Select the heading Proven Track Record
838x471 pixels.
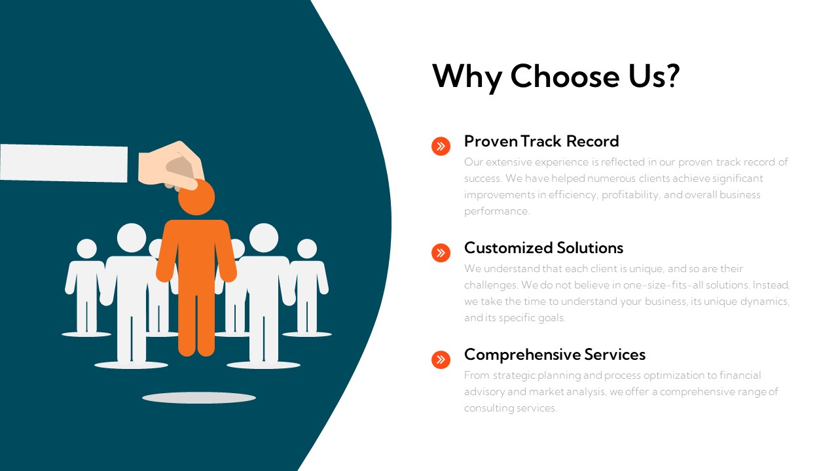point(541,141)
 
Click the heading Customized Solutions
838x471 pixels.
point(543,248)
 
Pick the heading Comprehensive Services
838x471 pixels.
point(555,355)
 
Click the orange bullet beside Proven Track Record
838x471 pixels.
point(441,146)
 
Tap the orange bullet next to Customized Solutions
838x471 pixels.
point(441,253)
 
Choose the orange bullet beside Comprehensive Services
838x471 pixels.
point(441,359)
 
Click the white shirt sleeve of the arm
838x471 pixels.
point(64,163)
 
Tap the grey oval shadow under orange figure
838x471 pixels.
point(198,397)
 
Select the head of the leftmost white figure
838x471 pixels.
point(86,249)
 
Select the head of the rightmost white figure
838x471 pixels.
point(306,249)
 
